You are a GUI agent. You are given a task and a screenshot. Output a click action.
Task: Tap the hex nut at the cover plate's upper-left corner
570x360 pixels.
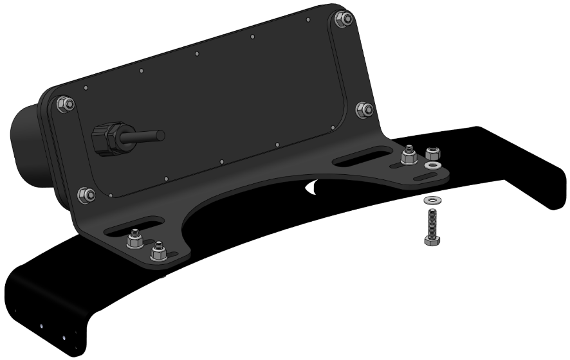click(x=64, y=104)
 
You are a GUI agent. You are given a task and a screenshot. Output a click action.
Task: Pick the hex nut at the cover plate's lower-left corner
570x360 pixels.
click(x=86, y=194)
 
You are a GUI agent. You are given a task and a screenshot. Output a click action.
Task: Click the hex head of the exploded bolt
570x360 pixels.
click(x=431, y=239)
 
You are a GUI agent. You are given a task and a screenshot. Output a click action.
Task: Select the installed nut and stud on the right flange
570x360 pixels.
click(x=409, y=156)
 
